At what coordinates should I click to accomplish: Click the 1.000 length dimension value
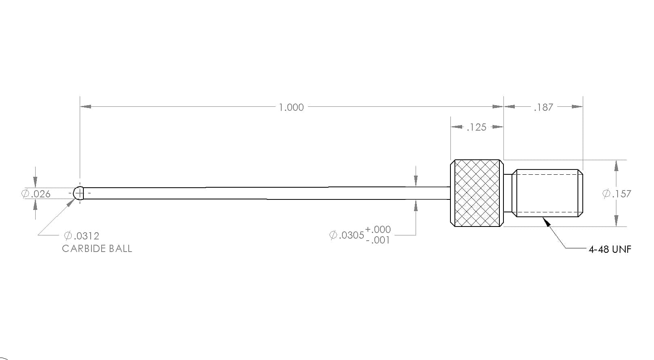pos(291,107)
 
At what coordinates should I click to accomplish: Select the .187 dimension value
pos(544,107)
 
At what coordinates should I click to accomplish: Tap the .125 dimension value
pos(476,127)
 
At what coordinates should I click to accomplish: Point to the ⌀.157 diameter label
pos(617,194)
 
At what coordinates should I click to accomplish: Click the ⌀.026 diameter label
pos(36,194)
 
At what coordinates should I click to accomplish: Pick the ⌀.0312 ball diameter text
pos(82,236)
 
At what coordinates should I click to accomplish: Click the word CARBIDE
pos(84,248)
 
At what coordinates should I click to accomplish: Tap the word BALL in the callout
pos(120,248)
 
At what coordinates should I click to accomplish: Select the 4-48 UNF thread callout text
pos(610,250)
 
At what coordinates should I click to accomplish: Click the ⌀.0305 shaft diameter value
pos(346,235)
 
